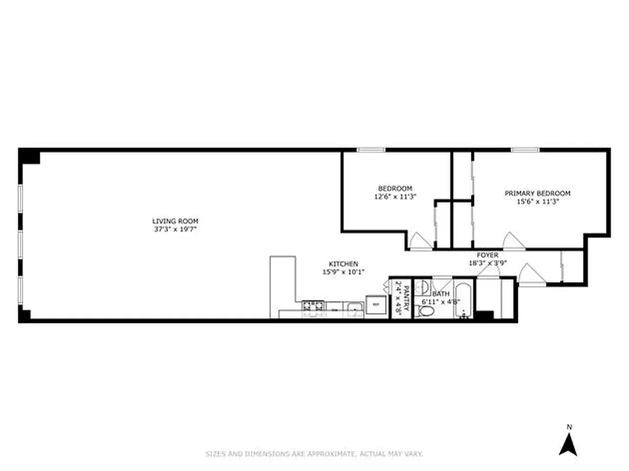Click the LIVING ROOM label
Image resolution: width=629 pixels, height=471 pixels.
coord(171,221)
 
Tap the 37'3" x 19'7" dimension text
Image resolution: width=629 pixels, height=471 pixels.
coord(171,229)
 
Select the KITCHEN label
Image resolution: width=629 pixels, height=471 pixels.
coord(343,264)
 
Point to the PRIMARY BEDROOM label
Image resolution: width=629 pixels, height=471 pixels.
coord(537,193)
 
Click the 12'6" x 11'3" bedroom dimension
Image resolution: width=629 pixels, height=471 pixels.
coord(395,197)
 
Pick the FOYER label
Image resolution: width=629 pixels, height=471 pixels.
coord(487,255)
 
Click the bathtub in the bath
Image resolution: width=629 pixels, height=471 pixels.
coord(462,300)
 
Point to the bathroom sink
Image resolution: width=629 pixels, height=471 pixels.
coord(422,287)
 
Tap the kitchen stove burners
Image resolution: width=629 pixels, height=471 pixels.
coord(313,306)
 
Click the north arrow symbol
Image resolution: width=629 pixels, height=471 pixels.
coord(568,444)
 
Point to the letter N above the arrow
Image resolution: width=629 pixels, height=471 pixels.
coord(568,427)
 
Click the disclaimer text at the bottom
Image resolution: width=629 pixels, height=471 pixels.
coord(314,454)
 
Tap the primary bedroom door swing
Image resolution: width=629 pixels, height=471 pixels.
coord(510,241)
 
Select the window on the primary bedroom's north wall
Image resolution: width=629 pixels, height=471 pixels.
coord(525,150)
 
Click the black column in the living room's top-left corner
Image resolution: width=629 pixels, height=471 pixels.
coord(29,157)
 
